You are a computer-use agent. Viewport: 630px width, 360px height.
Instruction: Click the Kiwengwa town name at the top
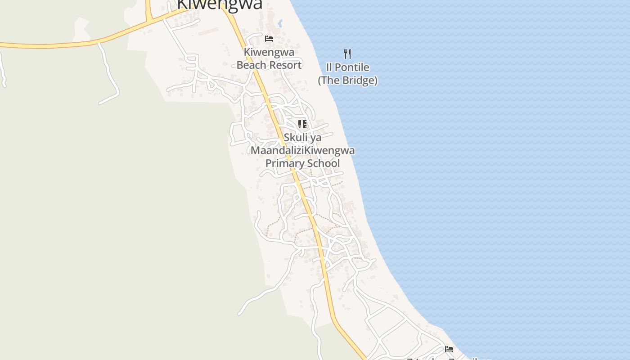(220, 4)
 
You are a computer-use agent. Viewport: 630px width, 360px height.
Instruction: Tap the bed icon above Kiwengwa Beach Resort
(269, 39)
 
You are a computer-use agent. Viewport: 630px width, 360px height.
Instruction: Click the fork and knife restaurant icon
(347, 54)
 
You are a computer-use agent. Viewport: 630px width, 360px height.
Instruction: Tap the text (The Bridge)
(347, 81)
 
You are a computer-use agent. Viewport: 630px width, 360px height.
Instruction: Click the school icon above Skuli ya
(302, 124)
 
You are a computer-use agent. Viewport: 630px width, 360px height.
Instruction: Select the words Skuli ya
(302, 137)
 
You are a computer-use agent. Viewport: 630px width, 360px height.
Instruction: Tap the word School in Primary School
(324, 163)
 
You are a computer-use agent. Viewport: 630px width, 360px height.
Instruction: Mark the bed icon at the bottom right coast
(449, 349)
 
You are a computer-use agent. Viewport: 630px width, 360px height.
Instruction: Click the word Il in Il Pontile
(329, 68)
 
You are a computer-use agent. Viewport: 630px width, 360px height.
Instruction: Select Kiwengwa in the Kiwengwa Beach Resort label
(269, 52)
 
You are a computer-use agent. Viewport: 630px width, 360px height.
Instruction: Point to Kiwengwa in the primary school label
(329, 150)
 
